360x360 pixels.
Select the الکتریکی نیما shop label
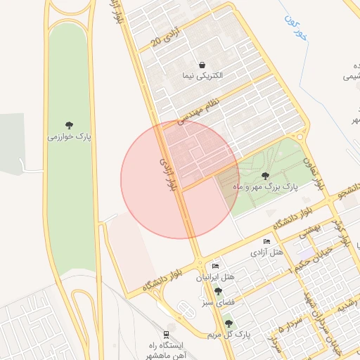point(202,75)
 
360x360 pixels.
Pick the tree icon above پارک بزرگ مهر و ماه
point(265,176)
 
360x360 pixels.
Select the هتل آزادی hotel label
point(268,252)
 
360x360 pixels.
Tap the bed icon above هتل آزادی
point(266,242)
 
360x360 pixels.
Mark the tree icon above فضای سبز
point(218,291)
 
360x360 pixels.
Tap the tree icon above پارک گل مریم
point(229,323)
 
